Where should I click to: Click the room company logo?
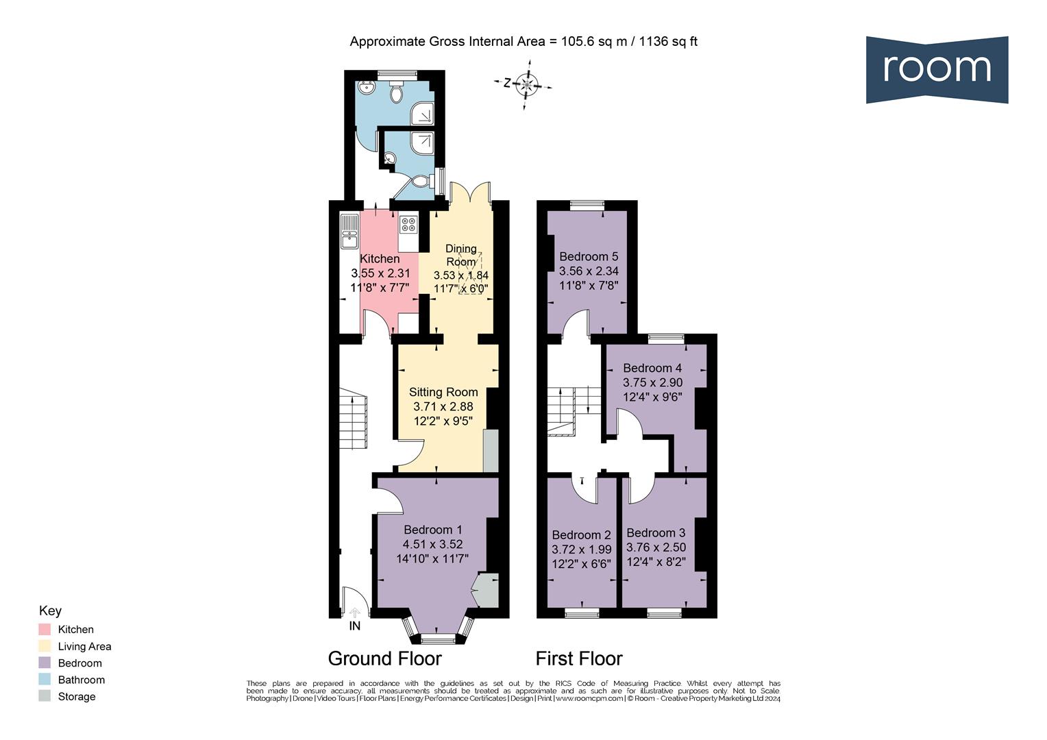pos(936,69)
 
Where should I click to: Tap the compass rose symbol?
pos(526,85)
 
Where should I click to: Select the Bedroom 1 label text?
pos(432,530)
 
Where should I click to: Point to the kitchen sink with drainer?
pos(349,231)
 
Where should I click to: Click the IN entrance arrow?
pos(354,614)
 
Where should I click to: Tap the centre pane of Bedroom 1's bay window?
pos(437,639)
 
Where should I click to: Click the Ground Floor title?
pos(384,658)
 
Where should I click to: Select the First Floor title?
pos(578,658)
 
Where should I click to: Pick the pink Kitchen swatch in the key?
pos(45,629)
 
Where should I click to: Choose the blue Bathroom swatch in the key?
pos(45,680)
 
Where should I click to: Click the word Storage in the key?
pos(77,697)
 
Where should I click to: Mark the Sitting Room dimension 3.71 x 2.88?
pos(443,406)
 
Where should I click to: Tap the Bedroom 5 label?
pos(589,257)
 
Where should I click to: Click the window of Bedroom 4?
pos(666,338)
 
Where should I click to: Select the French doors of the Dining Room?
pos(470,193)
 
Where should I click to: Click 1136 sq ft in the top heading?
pos(668,41)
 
